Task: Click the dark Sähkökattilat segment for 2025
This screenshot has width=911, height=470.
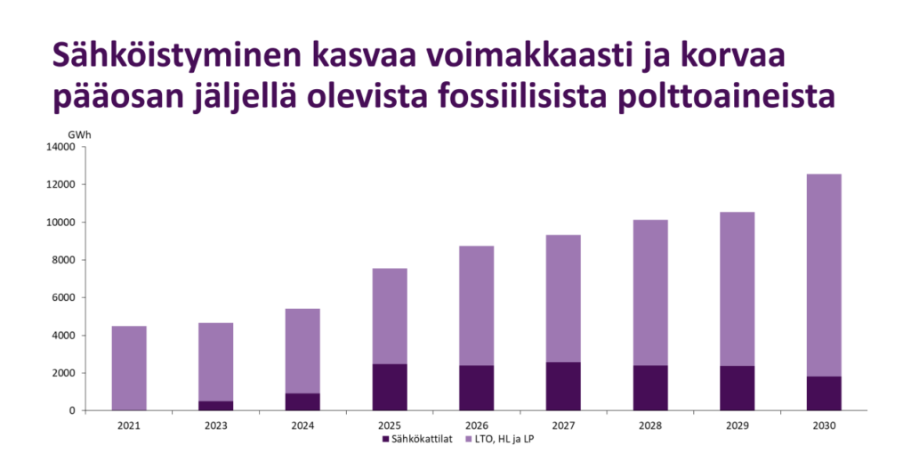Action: (x=389, y=387)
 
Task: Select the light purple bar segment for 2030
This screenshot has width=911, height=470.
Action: (x=823, y=275)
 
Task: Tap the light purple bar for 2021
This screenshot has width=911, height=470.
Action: (x=128, y=368)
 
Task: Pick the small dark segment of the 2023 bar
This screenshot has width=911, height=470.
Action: (x=215, y=406)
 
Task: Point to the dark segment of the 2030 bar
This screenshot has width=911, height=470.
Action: (x=823, y=393)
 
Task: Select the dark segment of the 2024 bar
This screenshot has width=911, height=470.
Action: (x=302, y=401)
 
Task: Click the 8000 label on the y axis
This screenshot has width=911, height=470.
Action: (x=63, y=260)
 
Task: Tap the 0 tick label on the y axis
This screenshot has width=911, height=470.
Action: (x=72, y=410)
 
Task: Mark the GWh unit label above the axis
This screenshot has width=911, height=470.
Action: (x=79, y=134)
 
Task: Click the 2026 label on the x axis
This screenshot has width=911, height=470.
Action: (x=476, y=425)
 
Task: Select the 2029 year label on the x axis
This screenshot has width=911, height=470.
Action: (x=737, y=425)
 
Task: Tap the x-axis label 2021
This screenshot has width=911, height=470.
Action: (x=128, y=425)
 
